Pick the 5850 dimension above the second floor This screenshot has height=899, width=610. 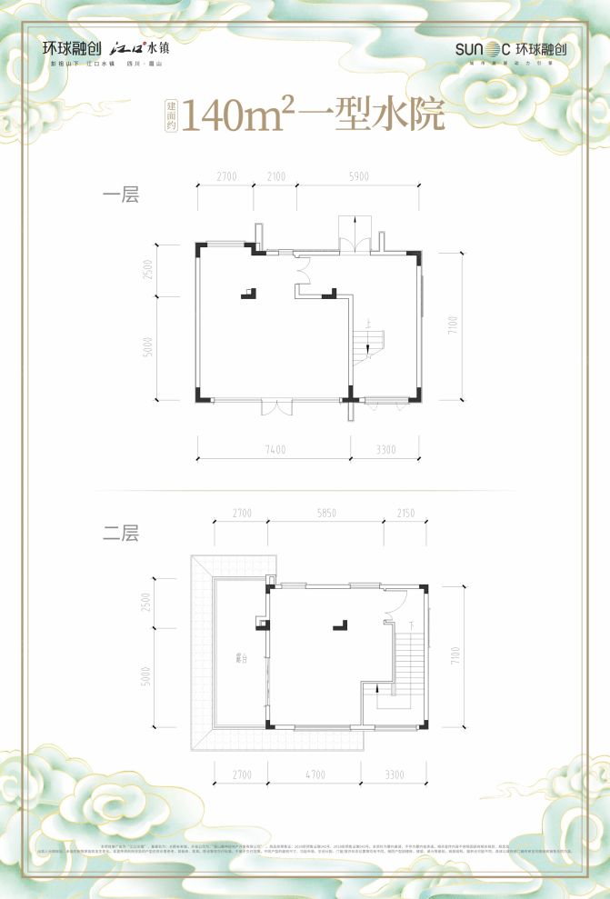coord(326,514)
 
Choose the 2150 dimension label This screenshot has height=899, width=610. coord(405,514)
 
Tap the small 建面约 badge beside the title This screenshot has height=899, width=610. coord(172,115)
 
